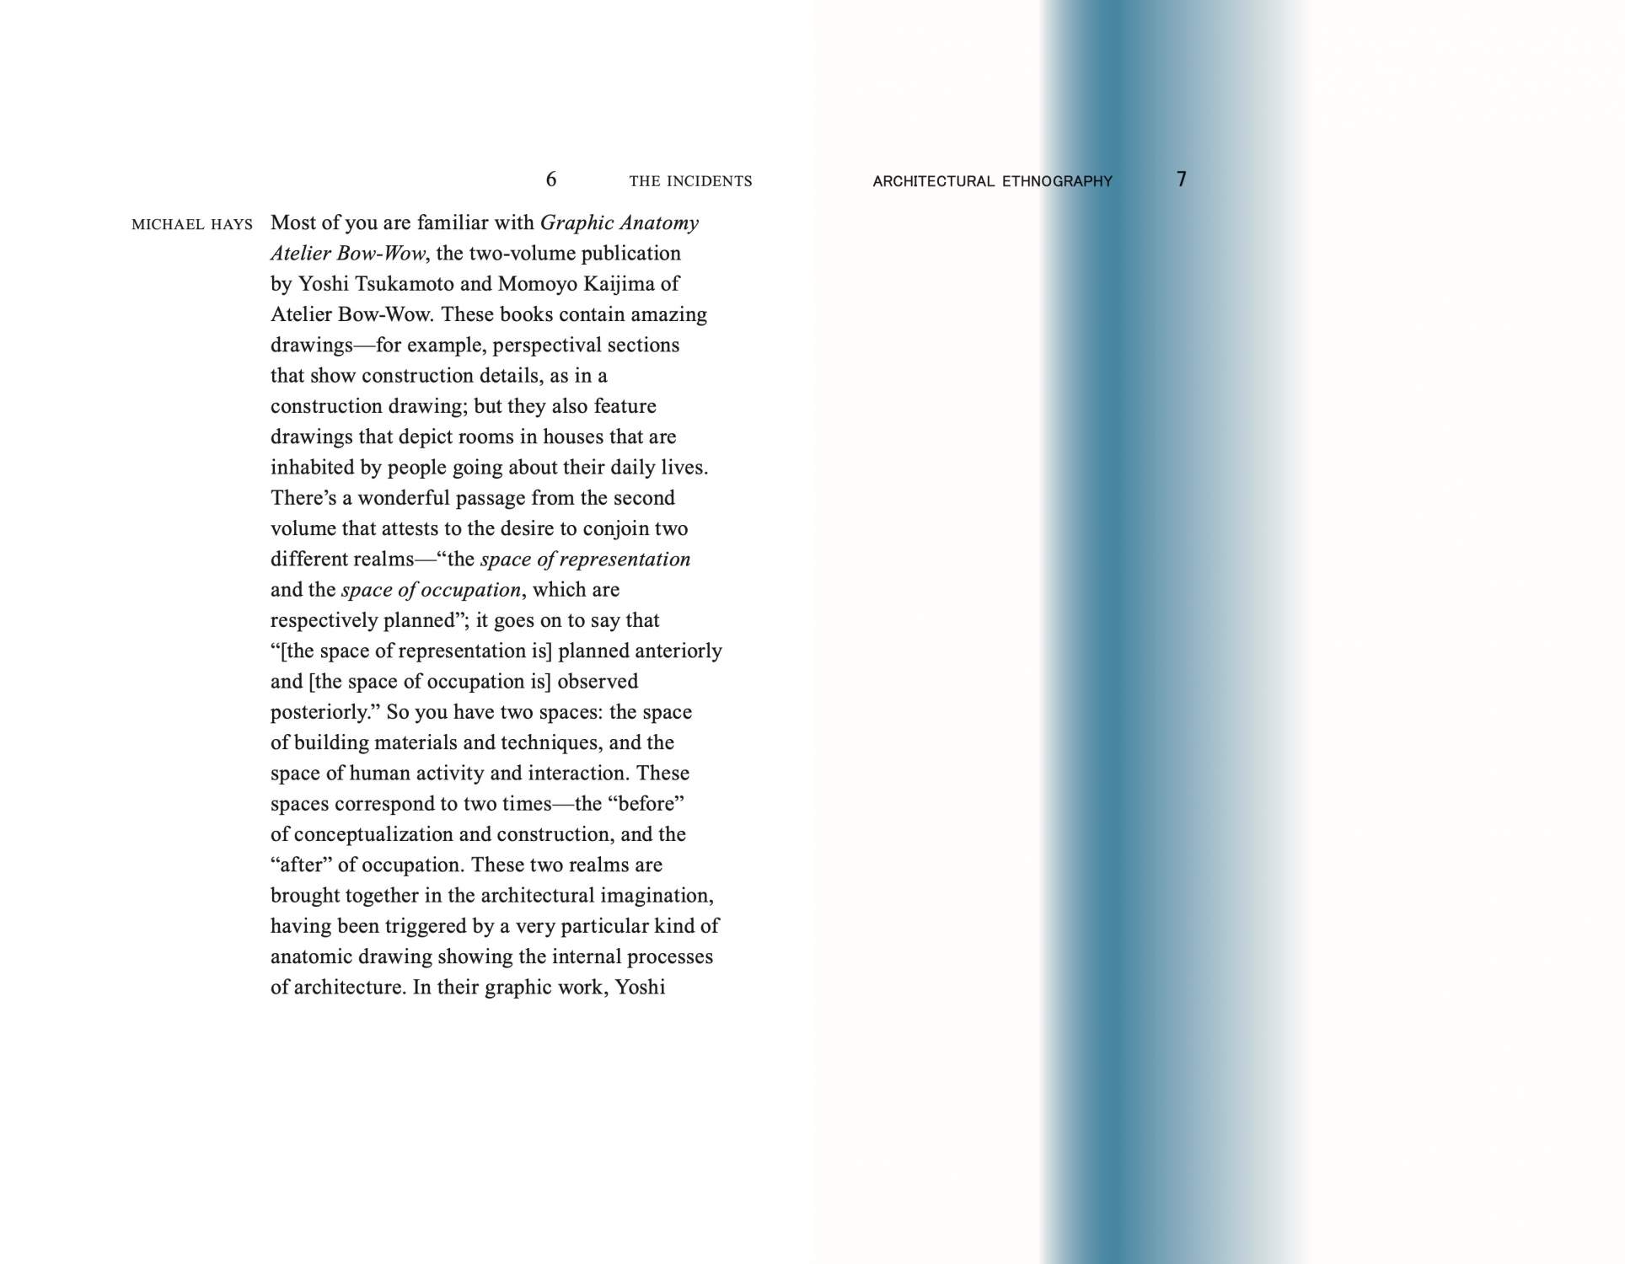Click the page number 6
(x=551, y=179)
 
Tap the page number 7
(x=1181, y=179)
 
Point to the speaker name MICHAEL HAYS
(x=192, y=224)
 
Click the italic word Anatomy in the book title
(x=659, y=222)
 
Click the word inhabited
(x=311, y=468)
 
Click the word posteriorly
(x=320, y=713)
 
